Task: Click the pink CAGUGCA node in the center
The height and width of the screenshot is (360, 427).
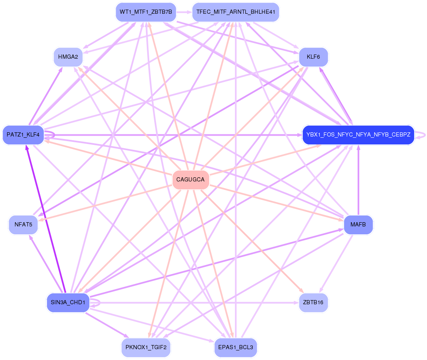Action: (190, 180)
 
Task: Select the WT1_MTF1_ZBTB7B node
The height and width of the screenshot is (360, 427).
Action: (146, 12)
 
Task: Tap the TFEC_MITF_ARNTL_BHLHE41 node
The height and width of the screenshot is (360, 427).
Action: (236, 12)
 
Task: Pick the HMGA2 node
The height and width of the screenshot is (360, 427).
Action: (68, 57)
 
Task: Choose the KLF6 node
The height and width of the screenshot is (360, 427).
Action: (313, 57)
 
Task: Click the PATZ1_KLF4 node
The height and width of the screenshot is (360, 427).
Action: (23, 135)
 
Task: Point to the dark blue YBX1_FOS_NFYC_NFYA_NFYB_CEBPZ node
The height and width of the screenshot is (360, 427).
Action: (358, 135)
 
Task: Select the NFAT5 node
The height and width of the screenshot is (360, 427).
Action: (23, 225)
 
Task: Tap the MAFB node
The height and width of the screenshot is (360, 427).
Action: (358, 225)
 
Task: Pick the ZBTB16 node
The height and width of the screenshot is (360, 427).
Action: (313, 302)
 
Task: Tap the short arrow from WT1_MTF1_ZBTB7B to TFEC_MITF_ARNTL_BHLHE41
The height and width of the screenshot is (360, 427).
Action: (184, 12)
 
